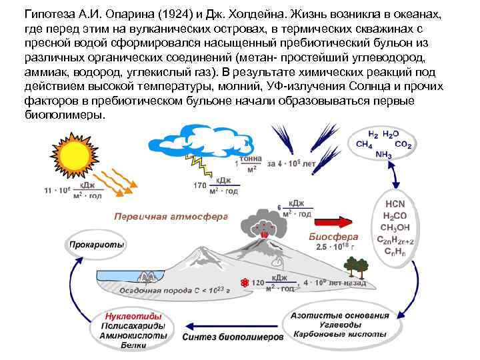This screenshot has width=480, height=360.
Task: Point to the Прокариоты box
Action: pyautogui.click(x=96, y=245)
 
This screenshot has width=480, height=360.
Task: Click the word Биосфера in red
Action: pyautogui.click(x=333, y=237)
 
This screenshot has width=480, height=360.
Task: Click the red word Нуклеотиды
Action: pyautogui.click(x=133, y=317)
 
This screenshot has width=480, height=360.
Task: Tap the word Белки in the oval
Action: pyautogui.click(x=133, y=345)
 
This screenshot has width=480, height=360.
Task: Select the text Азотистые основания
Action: pyautogui.click(x=339, y=315)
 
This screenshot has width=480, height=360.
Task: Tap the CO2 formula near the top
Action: pyautogui.click(x=403, y=145)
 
